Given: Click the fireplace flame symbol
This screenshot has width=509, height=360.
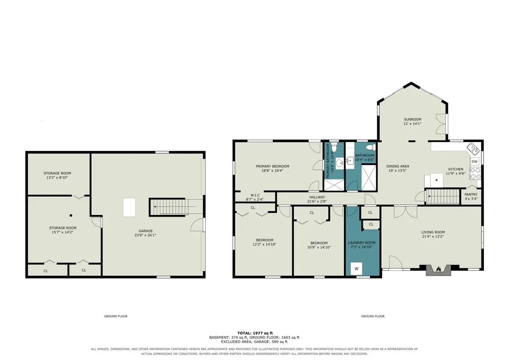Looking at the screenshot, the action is click(438, 269).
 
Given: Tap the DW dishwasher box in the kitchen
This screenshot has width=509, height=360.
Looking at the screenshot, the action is click(474, 162).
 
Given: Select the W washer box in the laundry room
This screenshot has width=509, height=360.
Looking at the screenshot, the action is click(356, 269).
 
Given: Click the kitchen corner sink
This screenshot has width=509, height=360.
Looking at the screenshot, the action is click(473, 149).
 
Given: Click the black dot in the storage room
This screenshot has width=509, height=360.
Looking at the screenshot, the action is click(71, 215).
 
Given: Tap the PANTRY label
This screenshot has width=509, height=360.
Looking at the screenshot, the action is click(471, 195).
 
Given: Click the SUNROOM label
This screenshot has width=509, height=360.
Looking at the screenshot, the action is click(412, 119).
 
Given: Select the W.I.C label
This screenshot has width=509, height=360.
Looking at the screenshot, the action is click(255, 195).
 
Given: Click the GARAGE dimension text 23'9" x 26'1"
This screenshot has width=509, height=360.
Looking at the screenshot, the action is click(145, 235).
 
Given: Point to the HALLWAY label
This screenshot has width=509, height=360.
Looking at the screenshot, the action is click(317, 197).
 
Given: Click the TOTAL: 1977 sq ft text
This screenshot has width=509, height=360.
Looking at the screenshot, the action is click(255, 333).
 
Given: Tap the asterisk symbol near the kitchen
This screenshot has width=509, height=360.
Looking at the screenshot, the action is click(436, 181).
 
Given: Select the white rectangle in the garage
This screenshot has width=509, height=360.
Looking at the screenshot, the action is click(129, 207).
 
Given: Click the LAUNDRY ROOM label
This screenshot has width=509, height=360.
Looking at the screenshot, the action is click(362, 243).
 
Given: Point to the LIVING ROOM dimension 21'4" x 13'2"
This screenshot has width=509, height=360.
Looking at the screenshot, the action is click(433, 237).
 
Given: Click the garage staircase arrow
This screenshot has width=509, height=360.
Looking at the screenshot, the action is click(174, 207).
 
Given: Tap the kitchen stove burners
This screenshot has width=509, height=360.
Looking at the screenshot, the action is click(475, 173).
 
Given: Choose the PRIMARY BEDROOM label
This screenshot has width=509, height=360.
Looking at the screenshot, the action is click(272, 166).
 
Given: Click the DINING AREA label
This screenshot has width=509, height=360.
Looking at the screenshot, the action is click(397, 166).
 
